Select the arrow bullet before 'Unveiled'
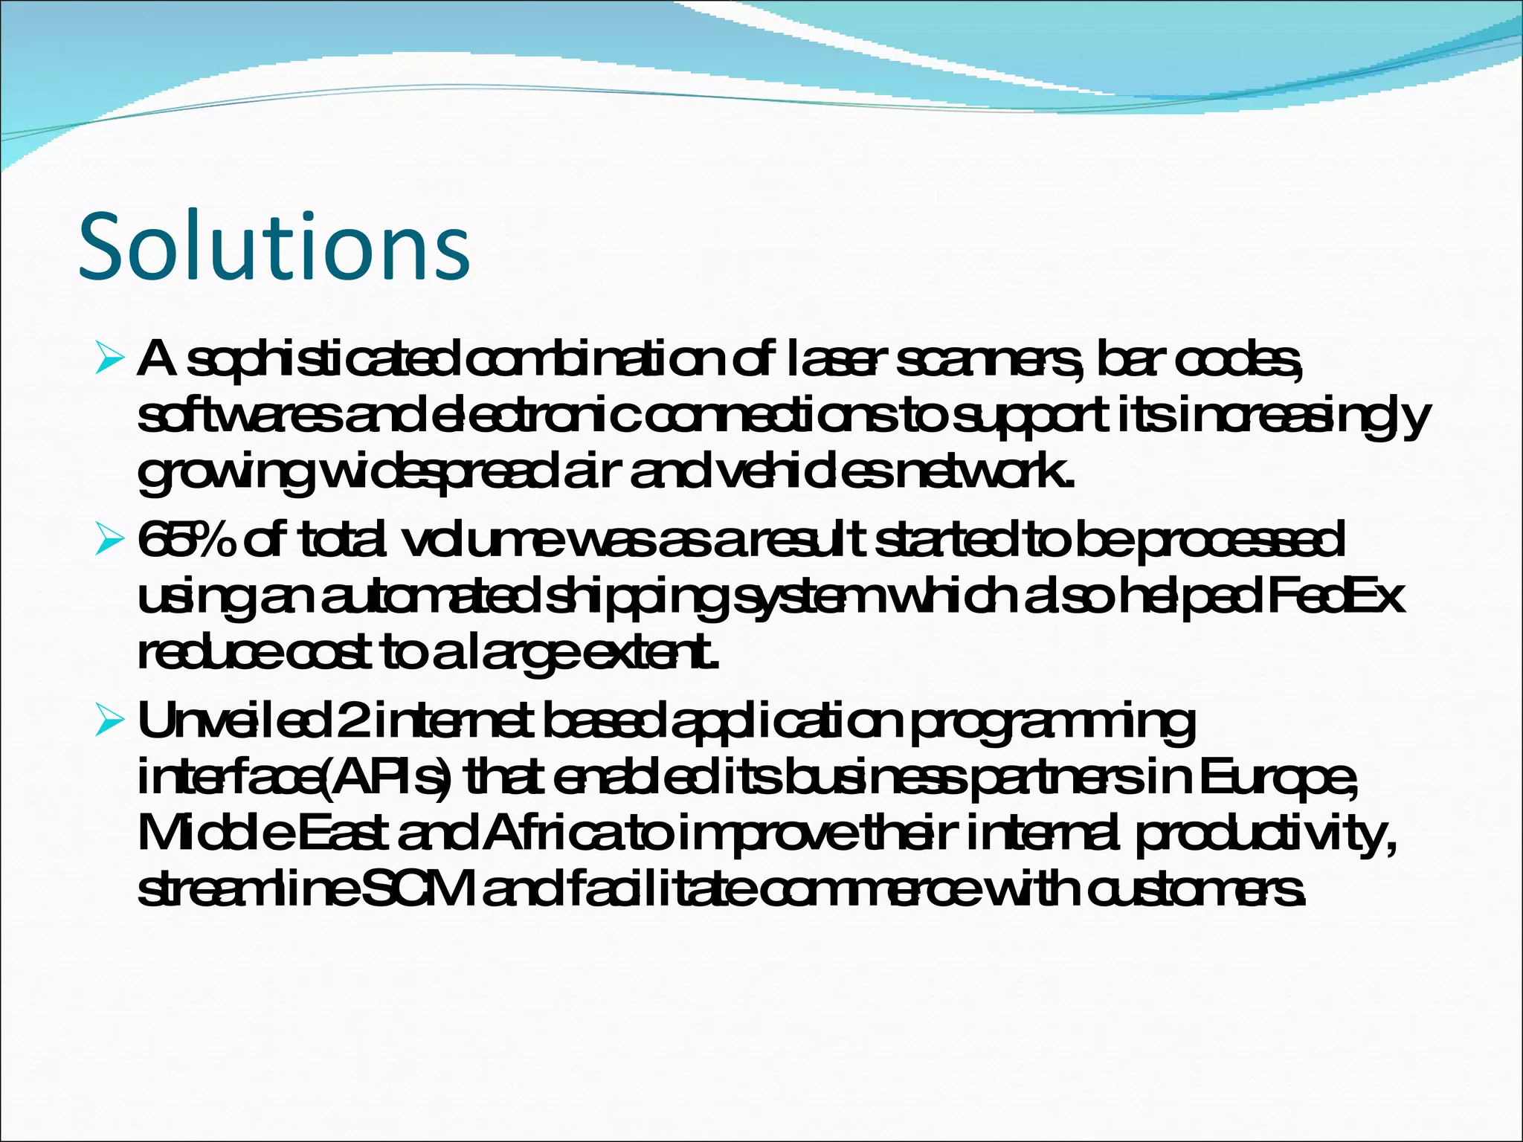[109, 720]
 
